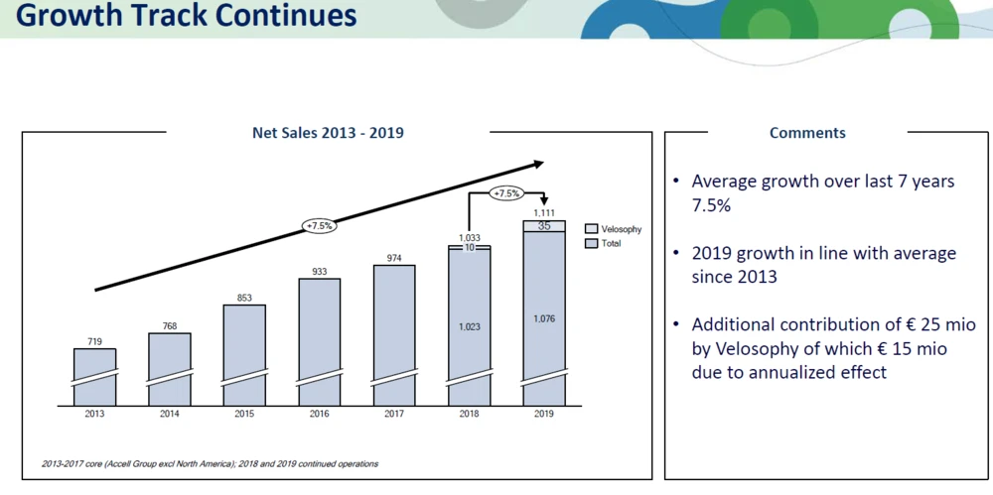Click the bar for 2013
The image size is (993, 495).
(94, 377)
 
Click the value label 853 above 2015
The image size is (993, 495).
(244, 297)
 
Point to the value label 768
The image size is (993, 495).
(169, 325)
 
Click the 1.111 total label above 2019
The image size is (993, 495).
(544, 213)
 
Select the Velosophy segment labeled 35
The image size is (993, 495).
(544, 226)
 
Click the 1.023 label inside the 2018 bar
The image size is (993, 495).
(469, 325)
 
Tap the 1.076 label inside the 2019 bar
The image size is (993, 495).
(544, 318)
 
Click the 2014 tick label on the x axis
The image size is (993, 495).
(169, 414)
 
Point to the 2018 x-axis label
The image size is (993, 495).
(469, 414)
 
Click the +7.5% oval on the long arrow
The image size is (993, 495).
(319, 226)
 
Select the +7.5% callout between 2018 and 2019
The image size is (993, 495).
(506, 193)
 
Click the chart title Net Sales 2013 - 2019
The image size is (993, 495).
(328, 133)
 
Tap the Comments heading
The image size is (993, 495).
(807, 133)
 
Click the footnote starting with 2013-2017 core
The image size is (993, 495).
(210, 463)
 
